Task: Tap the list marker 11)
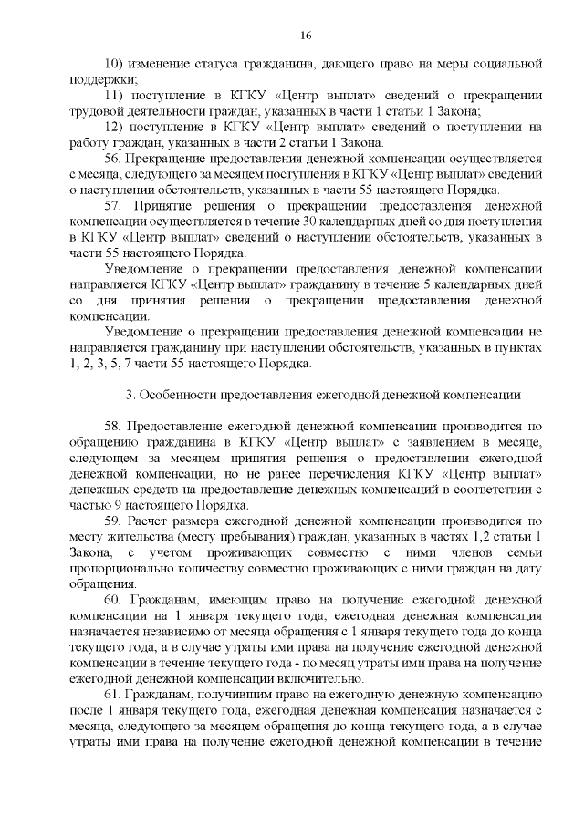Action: [x=115, y=96]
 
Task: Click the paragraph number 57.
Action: [x=115, y=206]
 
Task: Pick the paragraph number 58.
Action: [x=115, y=427]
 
